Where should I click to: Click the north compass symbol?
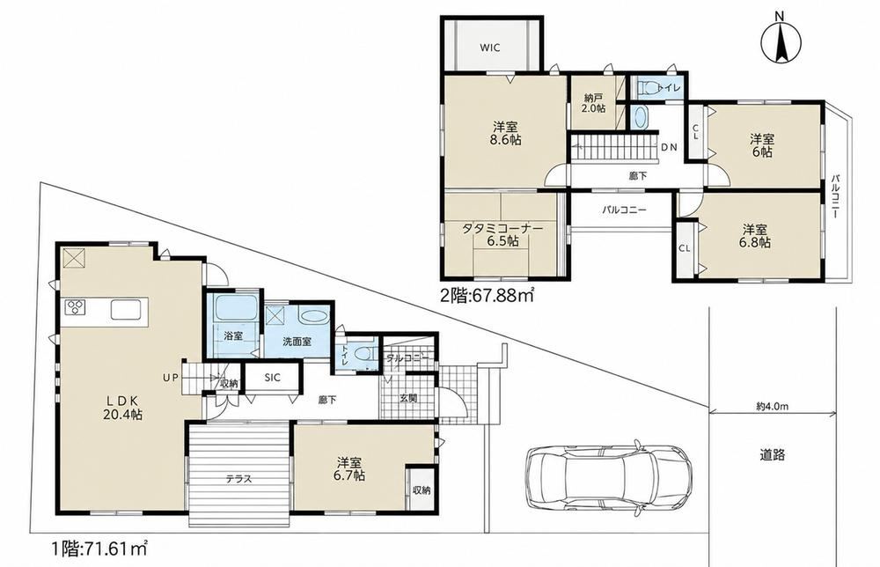click(780, 40)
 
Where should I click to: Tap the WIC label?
click(490, 48)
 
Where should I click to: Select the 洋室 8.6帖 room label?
click(506, 133)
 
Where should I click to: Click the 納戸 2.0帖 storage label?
click(593, 103)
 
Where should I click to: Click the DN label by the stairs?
click(669, 148)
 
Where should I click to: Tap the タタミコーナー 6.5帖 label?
click(502, 235)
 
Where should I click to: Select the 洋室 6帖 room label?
click(762, 145)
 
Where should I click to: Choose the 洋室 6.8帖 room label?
click(756, 236)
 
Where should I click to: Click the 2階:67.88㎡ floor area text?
click(487, 294)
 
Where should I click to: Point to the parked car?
click(608, 478)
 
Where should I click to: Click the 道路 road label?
click(772, 454)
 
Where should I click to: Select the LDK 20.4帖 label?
click(123, 408)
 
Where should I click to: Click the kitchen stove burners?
click(75, 307)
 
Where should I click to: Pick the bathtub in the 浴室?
click(236, 308)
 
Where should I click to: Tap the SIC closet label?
click(272, 378)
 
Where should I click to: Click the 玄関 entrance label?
click(408, 399)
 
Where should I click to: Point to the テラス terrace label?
click(238, 479)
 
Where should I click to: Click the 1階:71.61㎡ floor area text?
click(100, 548)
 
